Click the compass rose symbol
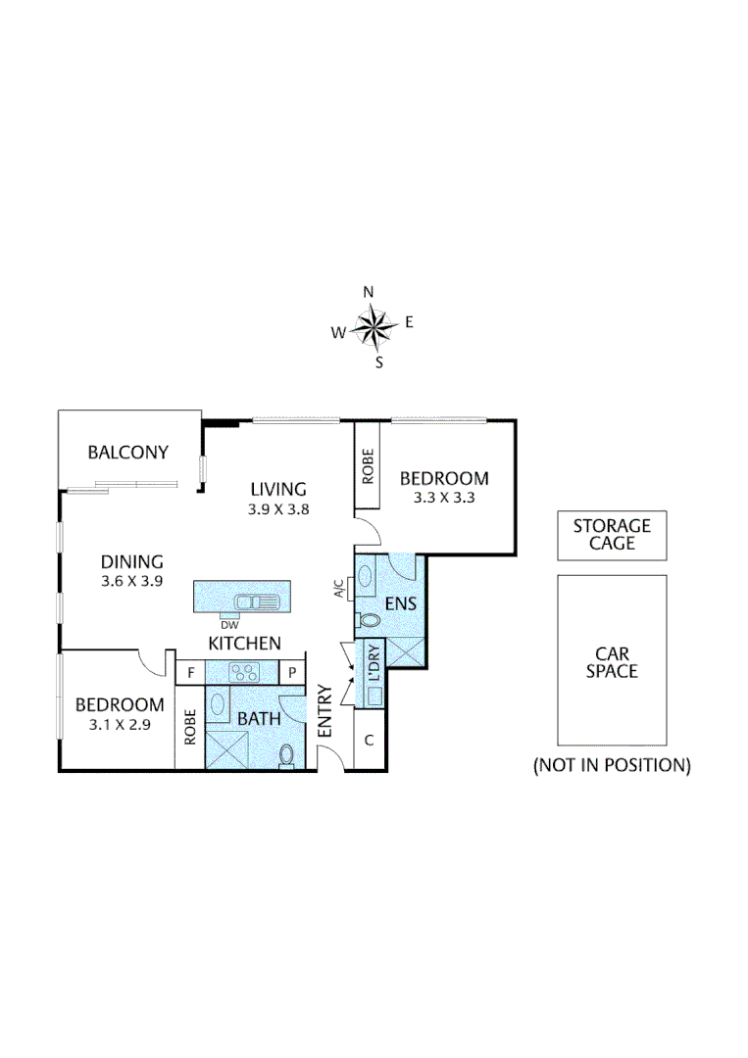[x=374, y=327]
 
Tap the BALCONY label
[x=127, y=453]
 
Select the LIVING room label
[x=278, y=489]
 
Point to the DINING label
[x=131, y=562]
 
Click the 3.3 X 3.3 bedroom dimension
[x=443, y=498]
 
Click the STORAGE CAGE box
[x=612, y=535]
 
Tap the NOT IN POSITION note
[x=612, y=765]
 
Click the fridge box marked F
[x=189, y=673]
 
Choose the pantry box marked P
[x=292, y=673]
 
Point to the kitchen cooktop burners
[x=241, y=672]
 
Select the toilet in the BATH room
[x=287, y=755]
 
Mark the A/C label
[x=339, y=589]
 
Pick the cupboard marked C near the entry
[x=369, y=741]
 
